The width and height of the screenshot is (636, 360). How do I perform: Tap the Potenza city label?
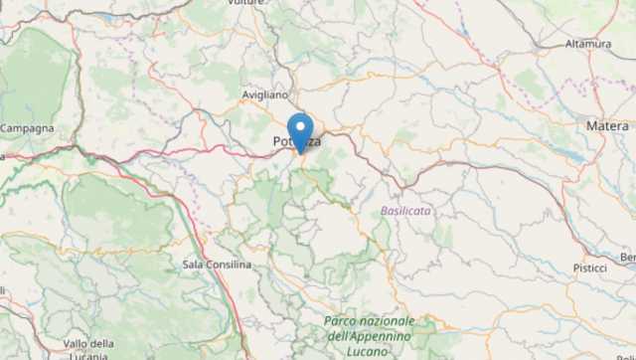click(x=296, y=143)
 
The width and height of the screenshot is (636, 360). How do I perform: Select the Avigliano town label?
click(x=264, y=94)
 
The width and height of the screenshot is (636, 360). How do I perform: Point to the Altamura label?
click(x=588, y=45)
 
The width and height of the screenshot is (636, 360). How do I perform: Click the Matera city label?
click(x=607, y=126)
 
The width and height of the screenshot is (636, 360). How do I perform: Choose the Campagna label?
click(x=27, y=128)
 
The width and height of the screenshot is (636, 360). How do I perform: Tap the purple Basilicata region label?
click(x=406, y=211)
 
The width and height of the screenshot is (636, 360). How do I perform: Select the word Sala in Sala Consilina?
click(x=194, y=264)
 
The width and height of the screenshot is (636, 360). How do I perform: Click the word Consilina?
click(x=229, y=264)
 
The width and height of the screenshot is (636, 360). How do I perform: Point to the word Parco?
click(x=340, y=320)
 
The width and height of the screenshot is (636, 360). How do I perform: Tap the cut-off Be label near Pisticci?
click(x=628, y=258)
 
